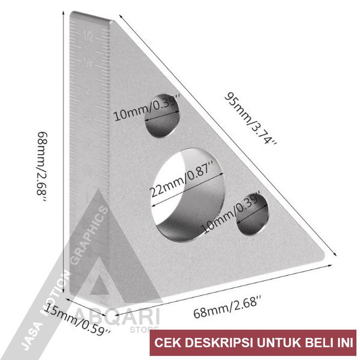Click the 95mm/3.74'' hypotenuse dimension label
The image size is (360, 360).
(x=251, y=118)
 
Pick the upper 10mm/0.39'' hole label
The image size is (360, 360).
(x=148, y=110)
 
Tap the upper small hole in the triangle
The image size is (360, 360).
(x=163, y=115)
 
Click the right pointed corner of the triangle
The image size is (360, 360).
(x=332, y=259)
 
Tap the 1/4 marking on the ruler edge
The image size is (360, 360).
(x=88, y=62)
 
